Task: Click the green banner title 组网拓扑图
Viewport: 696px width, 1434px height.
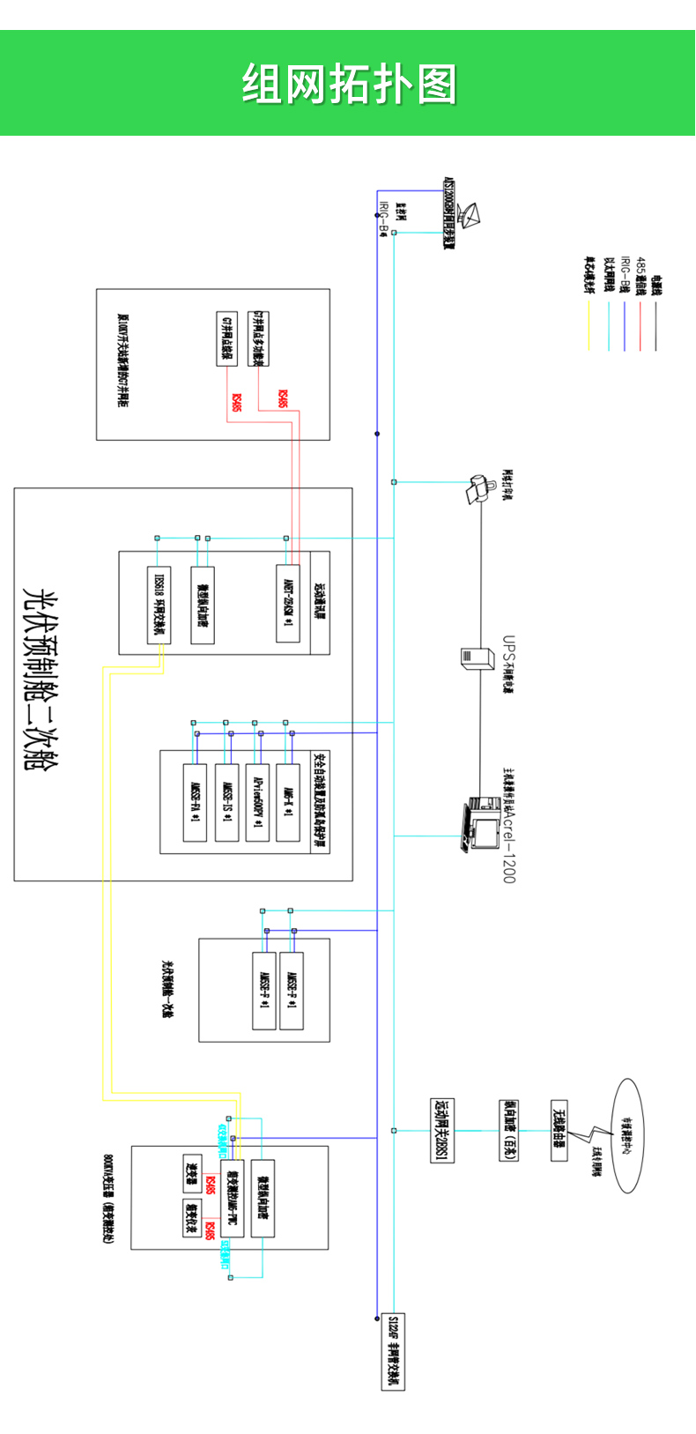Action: (x=349, y=85)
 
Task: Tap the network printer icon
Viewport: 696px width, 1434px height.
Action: (x=481, y=487)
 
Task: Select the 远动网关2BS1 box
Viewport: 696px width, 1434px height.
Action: (x=441, y=1130)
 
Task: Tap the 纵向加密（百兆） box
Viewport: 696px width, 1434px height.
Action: (x=507, y=1130)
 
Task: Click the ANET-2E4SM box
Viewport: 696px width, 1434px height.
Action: (x=287, y=604)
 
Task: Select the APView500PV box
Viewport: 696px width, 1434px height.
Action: (x=257, y=801)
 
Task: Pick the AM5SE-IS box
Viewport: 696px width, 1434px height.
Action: (x=226, y=801)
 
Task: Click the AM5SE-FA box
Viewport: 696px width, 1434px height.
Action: (x=195, y=801)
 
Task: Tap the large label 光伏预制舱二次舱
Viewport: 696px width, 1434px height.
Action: (x=36, y=679)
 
